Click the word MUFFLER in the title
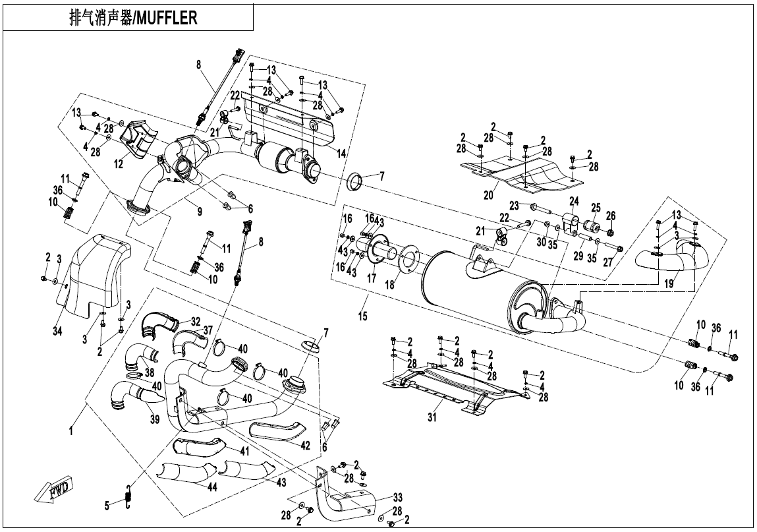tap(167, 17)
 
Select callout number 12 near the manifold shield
tap(118, 164)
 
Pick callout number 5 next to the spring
tap(107, 506)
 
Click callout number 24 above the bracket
tap(574, 200)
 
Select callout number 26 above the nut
tap(610, 215)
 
